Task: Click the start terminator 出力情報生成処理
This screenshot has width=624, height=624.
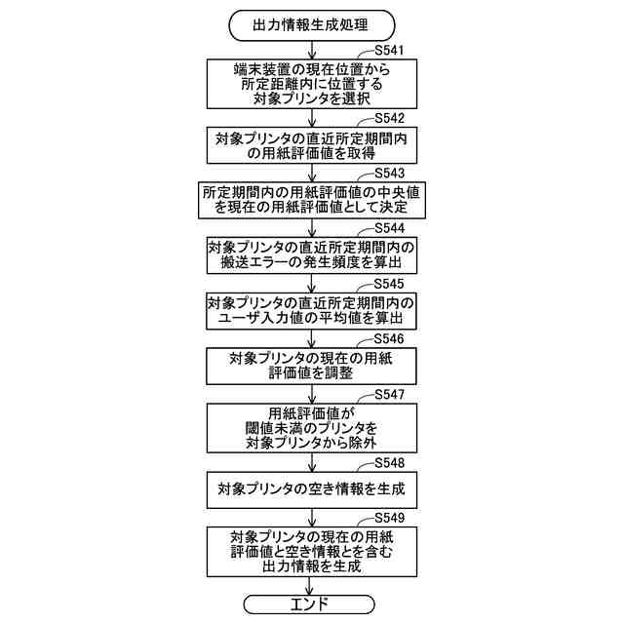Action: pyautogui.click(x=311, y=23)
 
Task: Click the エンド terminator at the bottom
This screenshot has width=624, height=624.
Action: pyautogui.click(x=311, y=604)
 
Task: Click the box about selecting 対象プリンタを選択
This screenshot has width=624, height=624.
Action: pyautogui.click(x=311, y=84)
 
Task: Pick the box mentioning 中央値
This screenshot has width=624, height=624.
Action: pyautogui.click(x=311, y=201)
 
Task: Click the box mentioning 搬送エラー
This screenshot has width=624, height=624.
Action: pyautogui.click(x=311, y=256)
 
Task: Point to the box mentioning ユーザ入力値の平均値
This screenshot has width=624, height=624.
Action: pyautogui.click(x=311, y=311)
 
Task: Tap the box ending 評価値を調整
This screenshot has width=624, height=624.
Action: pyautogui.click(x=311, y=367)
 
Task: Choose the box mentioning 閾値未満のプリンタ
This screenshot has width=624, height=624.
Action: pyautogui.click(x=311, y=428)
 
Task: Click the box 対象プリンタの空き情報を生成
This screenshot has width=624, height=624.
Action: pyautogui.click(x=311, y=489)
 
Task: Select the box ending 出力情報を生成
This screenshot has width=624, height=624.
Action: pyautogui.click(x=311, y=552)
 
